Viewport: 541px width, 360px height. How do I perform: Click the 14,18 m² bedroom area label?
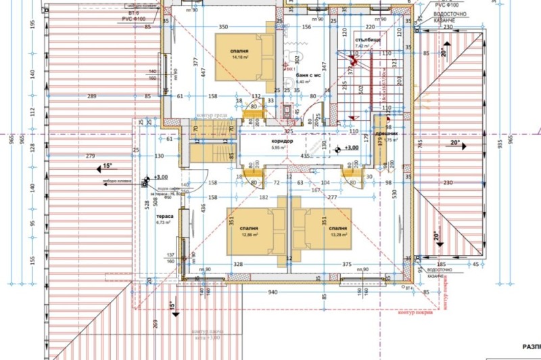[x=239, y=58]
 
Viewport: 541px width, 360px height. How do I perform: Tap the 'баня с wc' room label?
[x=307, y=75]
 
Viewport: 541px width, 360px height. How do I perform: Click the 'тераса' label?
[x=165, y=216]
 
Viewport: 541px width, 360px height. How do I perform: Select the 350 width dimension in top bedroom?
[x=222, y=26]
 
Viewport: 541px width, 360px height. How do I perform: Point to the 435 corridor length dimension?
[x=306, y=156]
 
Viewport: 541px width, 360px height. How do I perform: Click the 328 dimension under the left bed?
[x=237, y=264]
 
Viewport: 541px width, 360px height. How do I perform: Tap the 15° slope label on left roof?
[x=105, y=166]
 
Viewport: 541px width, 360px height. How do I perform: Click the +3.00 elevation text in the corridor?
[x=350, y=148]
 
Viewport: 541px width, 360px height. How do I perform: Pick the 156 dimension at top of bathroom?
[x=306, y=26]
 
